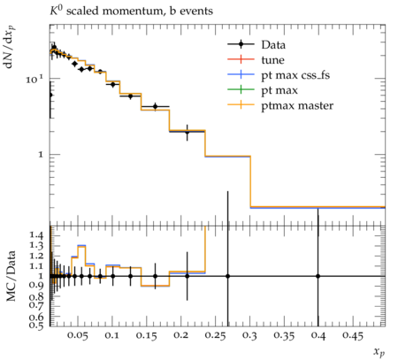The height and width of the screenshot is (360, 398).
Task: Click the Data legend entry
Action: coord(273,45)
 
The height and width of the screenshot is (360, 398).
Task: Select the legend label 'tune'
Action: coord(272,60)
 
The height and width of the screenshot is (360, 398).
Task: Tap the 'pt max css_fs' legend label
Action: coord(295,75)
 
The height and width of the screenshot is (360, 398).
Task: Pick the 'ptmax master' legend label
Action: coord(297,106)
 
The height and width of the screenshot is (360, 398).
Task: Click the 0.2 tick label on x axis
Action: coord(180,335)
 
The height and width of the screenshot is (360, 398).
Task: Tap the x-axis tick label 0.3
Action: coord(249,335)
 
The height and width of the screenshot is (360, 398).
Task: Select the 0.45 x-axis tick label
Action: coord(354,335)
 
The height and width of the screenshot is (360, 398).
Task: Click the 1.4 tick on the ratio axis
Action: coord(36,235)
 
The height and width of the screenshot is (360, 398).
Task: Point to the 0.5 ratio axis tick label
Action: coord(36,325)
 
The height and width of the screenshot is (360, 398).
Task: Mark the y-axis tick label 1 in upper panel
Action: coord(41,155)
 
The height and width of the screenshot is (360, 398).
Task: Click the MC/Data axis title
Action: coord(11,276)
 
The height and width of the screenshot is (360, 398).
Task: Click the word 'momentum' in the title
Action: coord(133,11)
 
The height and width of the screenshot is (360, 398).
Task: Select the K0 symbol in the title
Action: coord(57,10)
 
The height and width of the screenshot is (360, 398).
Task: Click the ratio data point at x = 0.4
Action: coord(318,276)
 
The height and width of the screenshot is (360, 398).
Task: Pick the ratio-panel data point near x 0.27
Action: coord(227,276)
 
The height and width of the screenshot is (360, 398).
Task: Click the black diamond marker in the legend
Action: coord(241,44)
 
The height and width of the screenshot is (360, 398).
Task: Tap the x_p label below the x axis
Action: coord(379,352)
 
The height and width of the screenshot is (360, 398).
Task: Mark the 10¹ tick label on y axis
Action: coord(34,79)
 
